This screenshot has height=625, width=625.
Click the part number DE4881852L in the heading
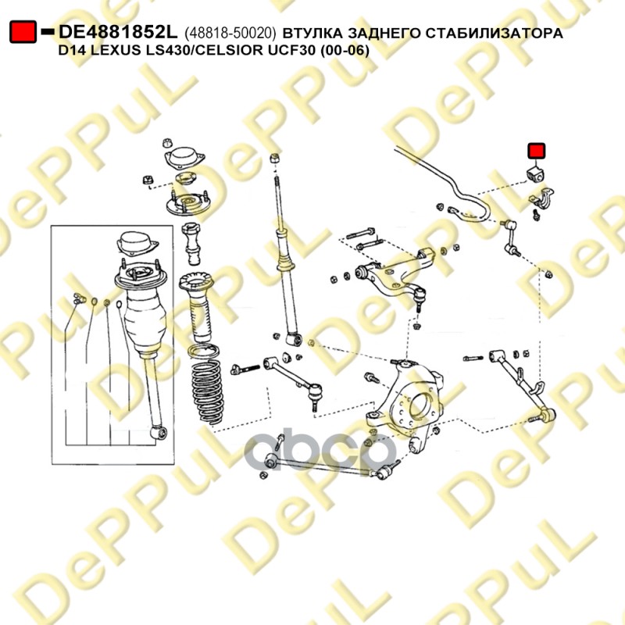click(118, 32)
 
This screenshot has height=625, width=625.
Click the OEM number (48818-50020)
click(230, 33)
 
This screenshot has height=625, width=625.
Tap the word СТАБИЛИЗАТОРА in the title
click(495, 33)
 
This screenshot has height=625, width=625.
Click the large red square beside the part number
click(23, 32)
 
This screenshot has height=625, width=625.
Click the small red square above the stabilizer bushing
click(536, 151)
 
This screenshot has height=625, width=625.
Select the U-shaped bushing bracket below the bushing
click(541, 198)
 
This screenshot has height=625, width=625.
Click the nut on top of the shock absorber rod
click(274, 158)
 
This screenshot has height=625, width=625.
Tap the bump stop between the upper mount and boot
click(192, 244)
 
